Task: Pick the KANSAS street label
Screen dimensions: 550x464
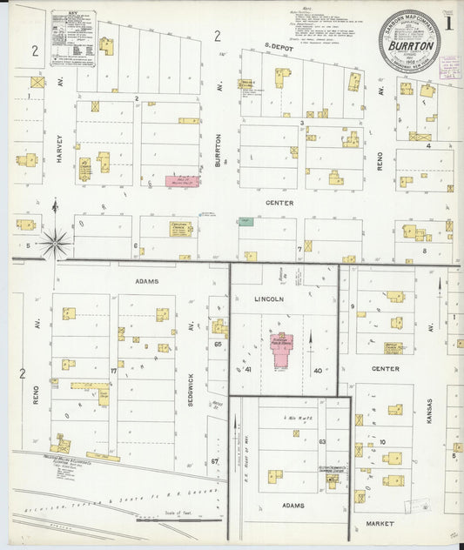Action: (429, 419)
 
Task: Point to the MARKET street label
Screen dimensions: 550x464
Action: (380, 524)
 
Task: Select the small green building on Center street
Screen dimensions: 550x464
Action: (245, 222)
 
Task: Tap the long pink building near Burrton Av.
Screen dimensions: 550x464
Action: (182, 181)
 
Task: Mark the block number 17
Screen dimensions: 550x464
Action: (112, 372)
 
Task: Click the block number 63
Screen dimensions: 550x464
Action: (321, 442)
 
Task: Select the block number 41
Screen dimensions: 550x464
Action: (248, 370)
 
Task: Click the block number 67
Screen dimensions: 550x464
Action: (214, 461)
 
